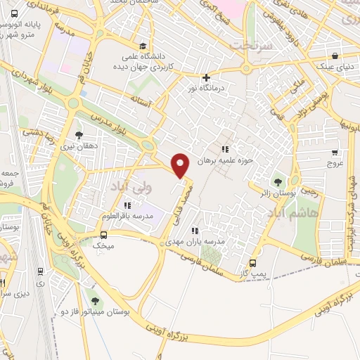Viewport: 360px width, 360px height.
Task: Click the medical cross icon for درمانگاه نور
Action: pos(205,77)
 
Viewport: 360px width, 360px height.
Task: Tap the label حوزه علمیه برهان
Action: pos(224,160)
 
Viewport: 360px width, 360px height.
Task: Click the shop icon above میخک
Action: pos(103,235)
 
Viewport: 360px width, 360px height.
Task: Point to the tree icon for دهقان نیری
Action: pos(78,134)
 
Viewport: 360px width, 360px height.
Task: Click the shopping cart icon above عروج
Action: pos(335,153)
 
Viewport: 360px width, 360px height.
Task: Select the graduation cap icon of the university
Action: pos(143,44)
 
